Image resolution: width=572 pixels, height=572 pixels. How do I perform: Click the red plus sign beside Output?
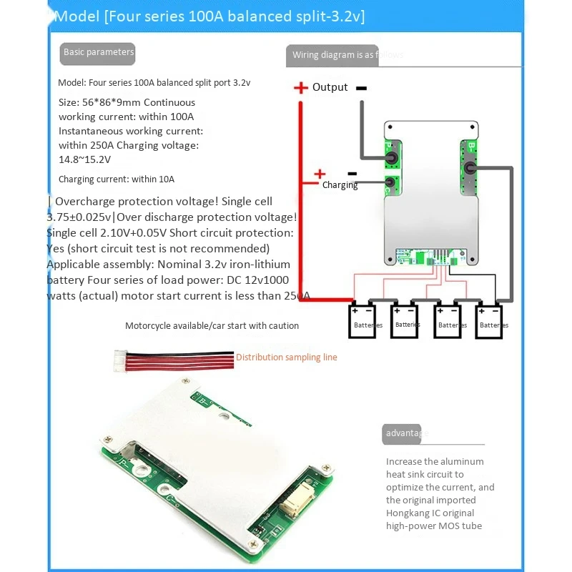300,88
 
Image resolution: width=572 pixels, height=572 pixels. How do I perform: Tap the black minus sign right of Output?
361,88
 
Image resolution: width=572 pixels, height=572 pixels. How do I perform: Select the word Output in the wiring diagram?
330,87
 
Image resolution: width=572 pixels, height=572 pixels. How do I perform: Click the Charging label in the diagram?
340,185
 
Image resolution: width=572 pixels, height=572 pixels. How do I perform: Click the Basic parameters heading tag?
97,52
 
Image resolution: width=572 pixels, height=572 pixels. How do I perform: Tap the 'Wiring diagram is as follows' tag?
347,55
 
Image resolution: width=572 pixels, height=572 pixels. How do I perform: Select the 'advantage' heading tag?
405,433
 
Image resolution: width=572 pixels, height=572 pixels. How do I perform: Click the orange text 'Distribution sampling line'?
286,357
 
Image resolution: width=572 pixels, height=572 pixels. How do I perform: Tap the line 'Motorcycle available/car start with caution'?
212,326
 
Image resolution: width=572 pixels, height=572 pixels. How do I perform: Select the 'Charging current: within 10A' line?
116,179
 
